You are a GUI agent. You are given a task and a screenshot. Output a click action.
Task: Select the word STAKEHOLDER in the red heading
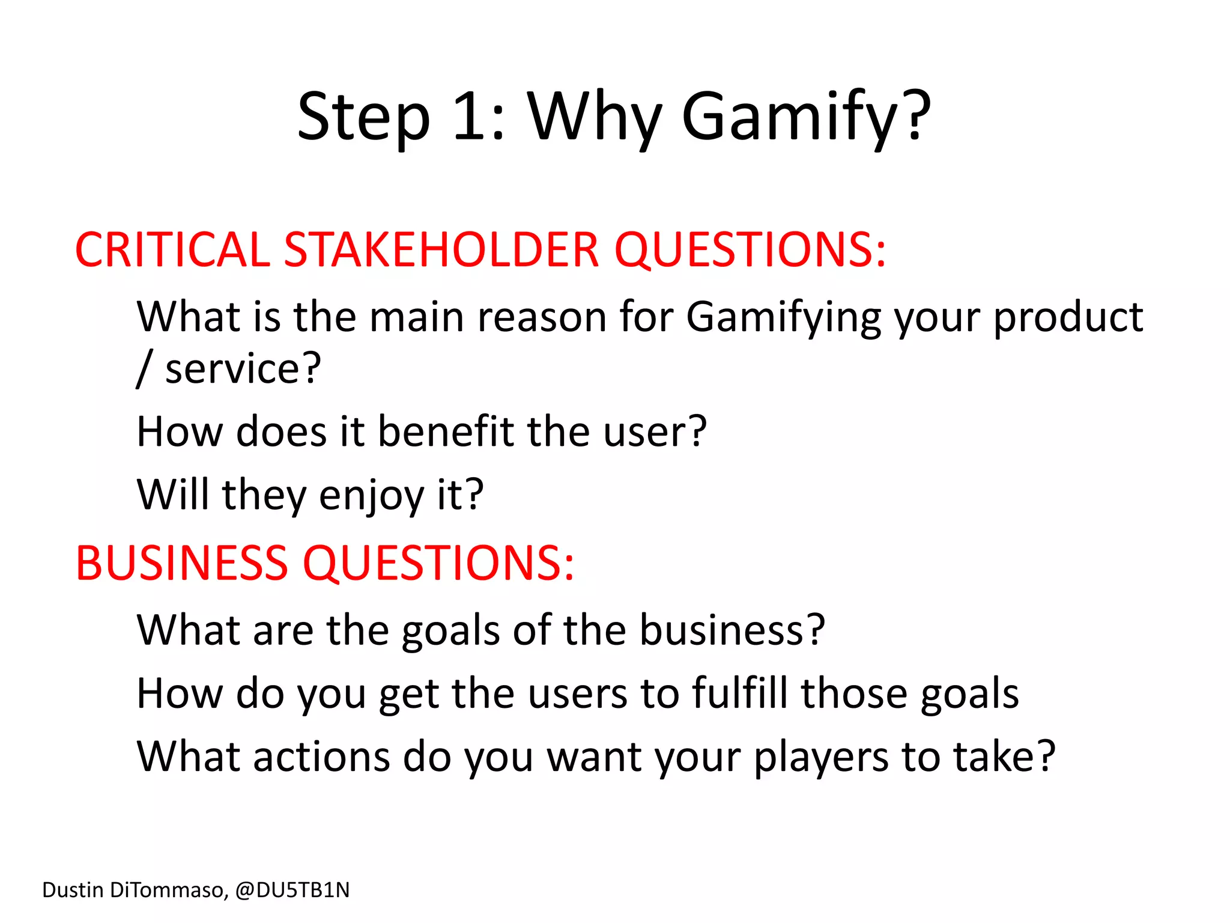pyautogui.click(x=441, y=250)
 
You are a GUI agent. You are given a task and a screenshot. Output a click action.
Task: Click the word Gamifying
pyautogui.click(x=784, y=318)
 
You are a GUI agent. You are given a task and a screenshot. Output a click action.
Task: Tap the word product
pyautogui.click(x=1067, y=318)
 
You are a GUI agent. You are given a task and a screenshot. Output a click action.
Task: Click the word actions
pyautogui.click(x=321, y=757)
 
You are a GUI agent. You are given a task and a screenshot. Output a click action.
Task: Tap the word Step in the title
pyautogui.click(x=363, y=118)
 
